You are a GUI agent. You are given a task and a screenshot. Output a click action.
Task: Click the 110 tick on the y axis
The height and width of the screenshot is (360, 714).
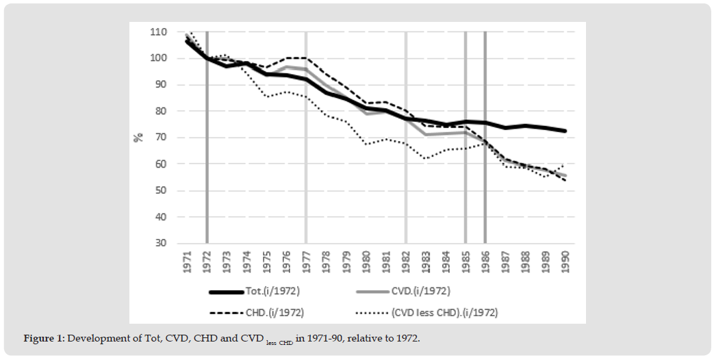tap(158, 32)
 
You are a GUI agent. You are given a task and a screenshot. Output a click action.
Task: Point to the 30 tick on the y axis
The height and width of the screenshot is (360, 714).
tap(160, 244)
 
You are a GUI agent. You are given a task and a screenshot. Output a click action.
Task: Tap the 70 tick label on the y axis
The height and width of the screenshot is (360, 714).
tap(160, 138)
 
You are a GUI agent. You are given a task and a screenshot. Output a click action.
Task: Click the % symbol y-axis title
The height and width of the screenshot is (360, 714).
tap(139, 137)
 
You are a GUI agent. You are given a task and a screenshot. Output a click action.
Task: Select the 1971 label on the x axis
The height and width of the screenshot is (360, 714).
tap(187, 261)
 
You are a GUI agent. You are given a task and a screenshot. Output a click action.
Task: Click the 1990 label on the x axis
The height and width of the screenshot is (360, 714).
tap(565, 261)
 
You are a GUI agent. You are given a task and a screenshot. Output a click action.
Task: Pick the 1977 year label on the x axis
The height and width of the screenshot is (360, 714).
tap(306, 261)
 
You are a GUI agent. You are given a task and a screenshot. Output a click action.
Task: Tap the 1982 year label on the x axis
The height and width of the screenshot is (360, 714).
tap(406, 261)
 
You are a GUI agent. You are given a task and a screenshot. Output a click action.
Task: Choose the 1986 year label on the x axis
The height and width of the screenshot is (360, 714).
tap(485, 261)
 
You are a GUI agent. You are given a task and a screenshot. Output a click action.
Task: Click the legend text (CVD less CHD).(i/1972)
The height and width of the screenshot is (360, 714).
tap(444, 312)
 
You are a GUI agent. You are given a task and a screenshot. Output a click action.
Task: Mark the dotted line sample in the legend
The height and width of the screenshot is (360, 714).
tap(374, 313)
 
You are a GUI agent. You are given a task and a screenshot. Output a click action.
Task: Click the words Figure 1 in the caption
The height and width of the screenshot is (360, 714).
tap(44, 339)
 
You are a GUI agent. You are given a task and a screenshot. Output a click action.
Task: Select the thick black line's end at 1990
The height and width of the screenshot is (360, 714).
tap(565, 131)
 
